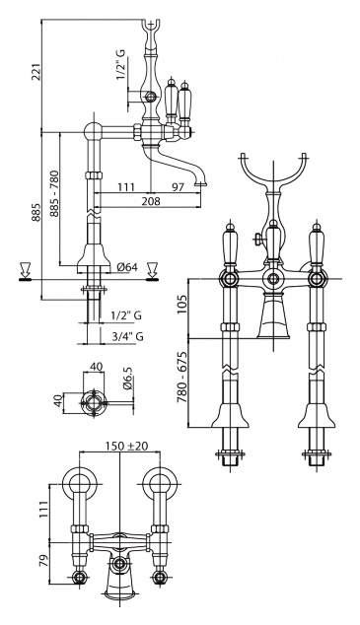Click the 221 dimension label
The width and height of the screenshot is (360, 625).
(36, 71)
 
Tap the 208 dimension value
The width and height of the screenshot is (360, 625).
(151, 201)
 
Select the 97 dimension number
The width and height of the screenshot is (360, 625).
(178, 186)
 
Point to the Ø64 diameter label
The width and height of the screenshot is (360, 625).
(127, 267)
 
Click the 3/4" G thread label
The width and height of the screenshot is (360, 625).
(127, 337)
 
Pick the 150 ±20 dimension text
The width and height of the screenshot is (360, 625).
(127, 446)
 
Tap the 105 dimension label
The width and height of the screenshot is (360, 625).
(181, 304)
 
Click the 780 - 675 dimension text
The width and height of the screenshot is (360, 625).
(181, 378)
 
